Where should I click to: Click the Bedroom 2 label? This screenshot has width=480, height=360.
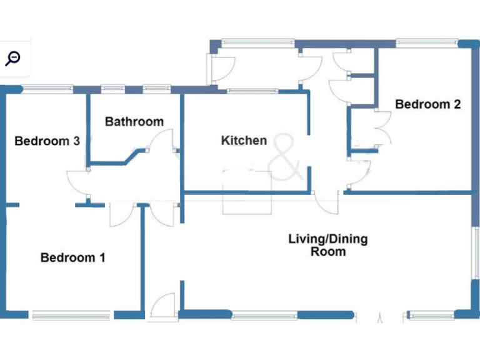tap(427, 104)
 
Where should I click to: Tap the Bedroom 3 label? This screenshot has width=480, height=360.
tap(47, 141)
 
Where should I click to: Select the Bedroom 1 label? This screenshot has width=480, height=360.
tap(73, 257)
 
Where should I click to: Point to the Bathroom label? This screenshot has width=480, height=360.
tap(134, 121)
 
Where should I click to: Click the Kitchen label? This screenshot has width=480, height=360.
tap(244, 141)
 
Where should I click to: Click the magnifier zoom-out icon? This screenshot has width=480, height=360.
tap(12, 59)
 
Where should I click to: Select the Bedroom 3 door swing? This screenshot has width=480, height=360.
tap(78, 182)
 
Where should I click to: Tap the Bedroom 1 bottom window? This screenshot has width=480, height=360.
tap(71, 316)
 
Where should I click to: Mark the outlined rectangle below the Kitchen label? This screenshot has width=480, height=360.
tap(247, 191)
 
